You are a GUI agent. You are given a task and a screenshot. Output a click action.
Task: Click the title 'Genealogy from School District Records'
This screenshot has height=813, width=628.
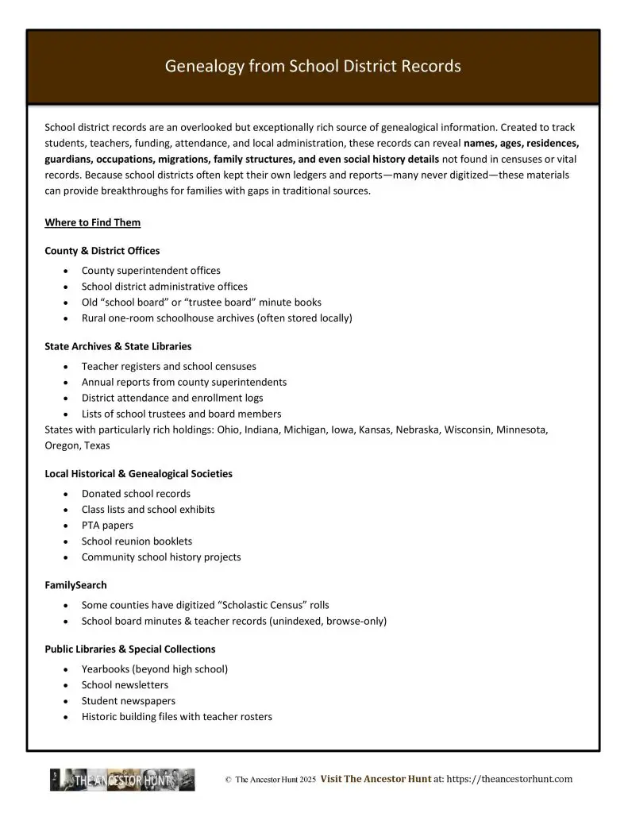tap(313, 67)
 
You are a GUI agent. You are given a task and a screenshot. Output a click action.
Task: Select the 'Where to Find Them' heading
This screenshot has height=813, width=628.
tap(92, 222)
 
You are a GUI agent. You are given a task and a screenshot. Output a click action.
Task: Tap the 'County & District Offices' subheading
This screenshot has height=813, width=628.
tap(102, 251)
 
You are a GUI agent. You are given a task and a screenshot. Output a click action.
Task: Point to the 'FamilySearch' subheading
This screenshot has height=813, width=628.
tap(75, 585)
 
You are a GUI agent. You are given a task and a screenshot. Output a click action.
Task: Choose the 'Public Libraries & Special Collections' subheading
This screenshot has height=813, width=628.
tap(129, 649)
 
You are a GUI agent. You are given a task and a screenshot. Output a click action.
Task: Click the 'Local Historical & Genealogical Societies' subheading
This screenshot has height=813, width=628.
tap(138, 474)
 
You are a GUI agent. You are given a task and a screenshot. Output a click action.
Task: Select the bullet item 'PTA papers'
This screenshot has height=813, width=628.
tap(107, 526)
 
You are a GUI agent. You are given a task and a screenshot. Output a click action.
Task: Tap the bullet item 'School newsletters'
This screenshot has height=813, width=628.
tap(125, 685)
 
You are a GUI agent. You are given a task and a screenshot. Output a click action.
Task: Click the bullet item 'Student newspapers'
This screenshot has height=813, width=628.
tap(129, 701)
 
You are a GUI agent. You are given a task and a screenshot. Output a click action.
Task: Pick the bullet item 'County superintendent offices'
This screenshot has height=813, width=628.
tap(151, 271)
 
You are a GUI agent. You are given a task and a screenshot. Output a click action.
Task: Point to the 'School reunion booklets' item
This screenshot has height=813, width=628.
tap(137, 541)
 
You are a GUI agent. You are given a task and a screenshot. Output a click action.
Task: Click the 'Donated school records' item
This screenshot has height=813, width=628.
tap(136, 494)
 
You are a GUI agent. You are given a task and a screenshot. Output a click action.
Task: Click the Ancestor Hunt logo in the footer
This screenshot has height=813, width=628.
tap(122, 780)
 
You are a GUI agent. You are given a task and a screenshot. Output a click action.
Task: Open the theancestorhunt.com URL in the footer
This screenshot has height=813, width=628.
tap(510, 780)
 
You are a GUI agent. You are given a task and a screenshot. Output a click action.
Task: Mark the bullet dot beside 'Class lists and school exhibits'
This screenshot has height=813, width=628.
tap(65, 510)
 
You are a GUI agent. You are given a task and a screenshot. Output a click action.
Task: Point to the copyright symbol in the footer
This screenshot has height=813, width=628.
tap(228, 780)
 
